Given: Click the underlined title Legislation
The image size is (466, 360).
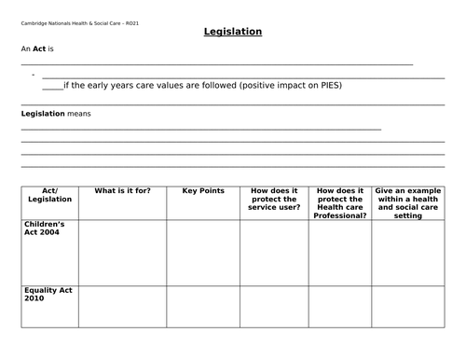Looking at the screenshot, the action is point(233,32).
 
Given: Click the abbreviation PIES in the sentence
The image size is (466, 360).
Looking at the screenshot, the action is point(329,85).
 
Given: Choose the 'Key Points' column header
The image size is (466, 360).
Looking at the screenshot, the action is point(203,191).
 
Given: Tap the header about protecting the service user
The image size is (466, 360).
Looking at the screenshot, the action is point(274,199).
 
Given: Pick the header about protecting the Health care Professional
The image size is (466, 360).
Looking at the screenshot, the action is point(339,202).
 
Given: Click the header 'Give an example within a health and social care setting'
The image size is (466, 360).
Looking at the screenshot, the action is point(408,202).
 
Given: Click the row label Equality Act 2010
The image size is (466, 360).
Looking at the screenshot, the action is point(45,296).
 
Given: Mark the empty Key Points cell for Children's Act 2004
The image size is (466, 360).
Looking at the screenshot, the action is point(203,252).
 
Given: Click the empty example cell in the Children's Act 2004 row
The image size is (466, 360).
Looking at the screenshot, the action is point(408,252).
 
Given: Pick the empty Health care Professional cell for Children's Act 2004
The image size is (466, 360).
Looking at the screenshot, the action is point(339,252).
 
